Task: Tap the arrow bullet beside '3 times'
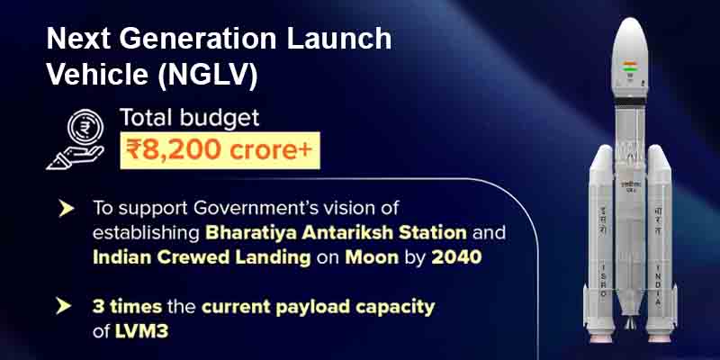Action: pos(66,306)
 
